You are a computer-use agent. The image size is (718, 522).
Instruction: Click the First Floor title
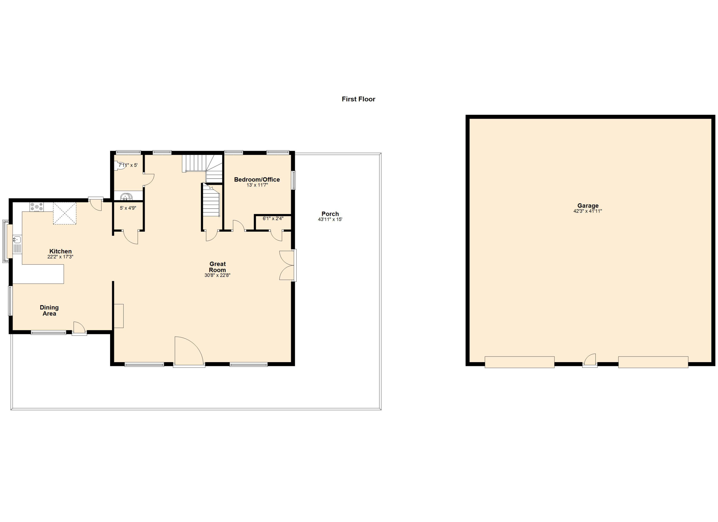click(358, 99)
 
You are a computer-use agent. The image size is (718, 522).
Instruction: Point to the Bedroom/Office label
click(257, 180)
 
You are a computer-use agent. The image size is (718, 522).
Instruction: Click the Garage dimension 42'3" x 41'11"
click(588, 211)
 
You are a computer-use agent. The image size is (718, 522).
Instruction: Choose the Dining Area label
click(49, 310)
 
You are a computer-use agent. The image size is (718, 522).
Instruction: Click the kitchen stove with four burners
click(37, 207)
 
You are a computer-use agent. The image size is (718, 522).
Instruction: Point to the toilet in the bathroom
click(119, 165)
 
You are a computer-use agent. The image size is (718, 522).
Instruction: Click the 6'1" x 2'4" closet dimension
click(273, 219)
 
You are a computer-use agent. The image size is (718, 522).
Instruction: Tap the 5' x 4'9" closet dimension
click(128, 208)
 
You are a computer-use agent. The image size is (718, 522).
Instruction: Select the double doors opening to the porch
click(287, 265)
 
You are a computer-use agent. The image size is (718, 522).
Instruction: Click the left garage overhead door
click(520, 362)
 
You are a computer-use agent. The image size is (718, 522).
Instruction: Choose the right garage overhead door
click(653, 362)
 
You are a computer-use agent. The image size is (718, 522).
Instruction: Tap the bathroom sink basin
click(126, 197)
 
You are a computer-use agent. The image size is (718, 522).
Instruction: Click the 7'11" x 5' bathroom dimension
click(128, 165)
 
